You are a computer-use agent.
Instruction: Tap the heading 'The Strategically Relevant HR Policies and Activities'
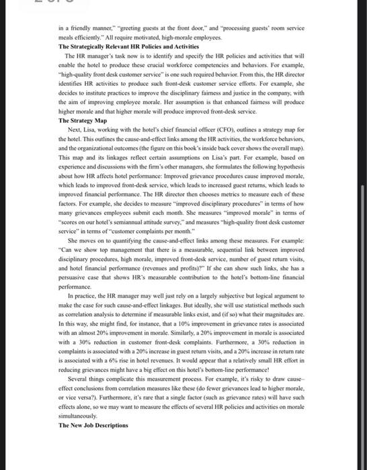123,46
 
